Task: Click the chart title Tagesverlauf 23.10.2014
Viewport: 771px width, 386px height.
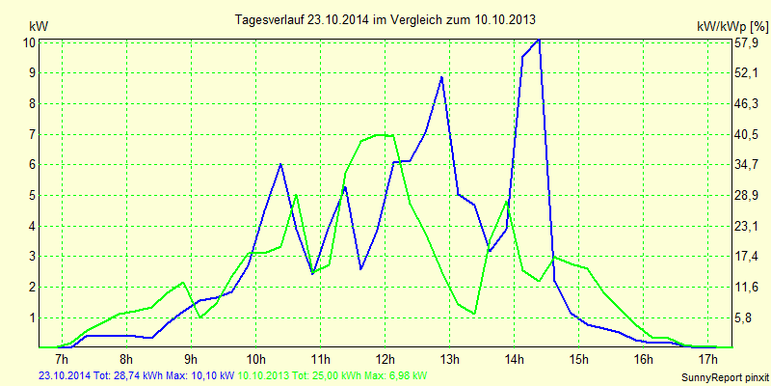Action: tap(386, 19)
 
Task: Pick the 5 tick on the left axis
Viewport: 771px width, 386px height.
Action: tap(32, 195)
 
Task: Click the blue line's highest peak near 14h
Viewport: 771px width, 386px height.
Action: tap(539, 40)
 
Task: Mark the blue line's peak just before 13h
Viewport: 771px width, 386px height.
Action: tap(441, 77)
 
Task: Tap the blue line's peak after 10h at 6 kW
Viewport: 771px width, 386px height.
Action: tap(280, 164)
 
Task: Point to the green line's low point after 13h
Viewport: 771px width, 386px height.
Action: tap(474, 313)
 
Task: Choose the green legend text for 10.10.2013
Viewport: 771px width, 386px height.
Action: tap(332, 374)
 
